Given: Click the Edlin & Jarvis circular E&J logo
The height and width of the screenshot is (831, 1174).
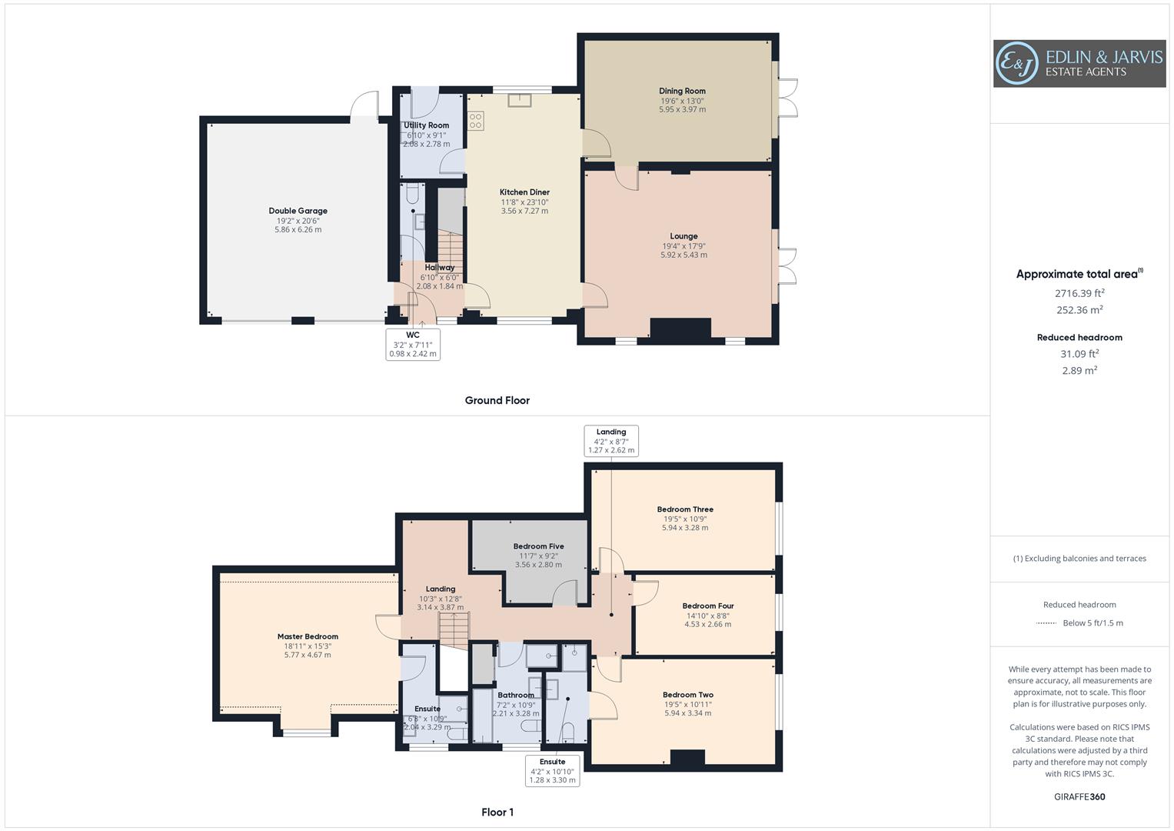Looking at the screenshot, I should point(1017,63).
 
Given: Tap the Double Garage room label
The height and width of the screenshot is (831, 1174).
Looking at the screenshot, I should point(298,211).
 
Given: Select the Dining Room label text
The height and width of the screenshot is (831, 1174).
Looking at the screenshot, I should point(682,91).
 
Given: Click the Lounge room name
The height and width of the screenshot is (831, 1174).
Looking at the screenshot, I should point(683,236).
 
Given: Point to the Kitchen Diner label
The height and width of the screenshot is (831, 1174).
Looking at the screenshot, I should point(524,192).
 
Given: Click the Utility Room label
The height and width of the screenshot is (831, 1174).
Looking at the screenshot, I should point(427,125).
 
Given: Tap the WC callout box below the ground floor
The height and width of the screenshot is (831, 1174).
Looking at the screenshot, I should point(413,345).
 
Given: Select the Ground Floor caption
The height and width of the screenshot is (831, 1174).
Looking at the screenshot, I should point(497,400).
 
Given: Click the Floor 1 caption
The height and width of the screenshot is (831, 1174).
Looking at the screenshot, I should point(497,812).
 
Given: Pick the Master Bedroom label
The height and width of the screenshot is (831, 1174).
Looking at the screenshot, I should point(308,636).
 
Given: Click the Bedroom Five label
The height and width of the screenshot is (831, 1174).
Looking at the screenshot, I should point(538,546).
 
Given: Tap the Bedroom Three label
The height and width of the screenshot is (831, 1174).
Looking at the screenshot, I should point(685,509).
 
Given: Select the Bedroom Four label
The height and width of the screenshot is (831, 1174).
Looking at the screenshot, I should point(708,606).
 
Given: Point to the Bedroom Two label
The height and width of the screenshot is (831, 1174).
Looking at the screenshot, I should point(688,695).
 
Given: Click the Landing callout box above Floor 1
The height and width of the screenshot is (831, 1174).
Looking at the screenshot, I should point(611,441).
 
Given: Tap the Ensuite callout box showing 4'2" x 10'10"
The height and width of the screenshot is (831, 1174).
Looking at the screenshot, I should point(552,770).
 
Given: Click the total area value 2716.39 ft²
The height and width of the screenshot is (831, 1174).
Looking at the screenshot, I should point(1079,293).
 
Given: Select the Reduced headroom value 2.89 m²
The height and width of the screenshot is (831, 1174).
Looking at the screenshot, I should point(1079,370).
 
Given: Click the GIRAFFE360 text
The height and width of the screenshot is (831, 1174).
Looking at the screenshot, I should point(1079,796).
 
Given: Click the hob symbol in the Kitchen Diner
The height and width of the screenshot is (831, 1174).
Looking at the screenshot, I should point(476,121).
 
